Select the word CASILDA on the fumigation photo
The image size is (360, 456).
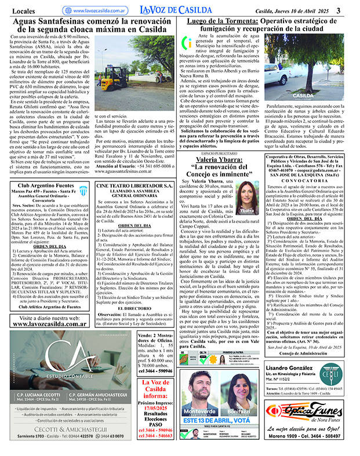303,96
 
